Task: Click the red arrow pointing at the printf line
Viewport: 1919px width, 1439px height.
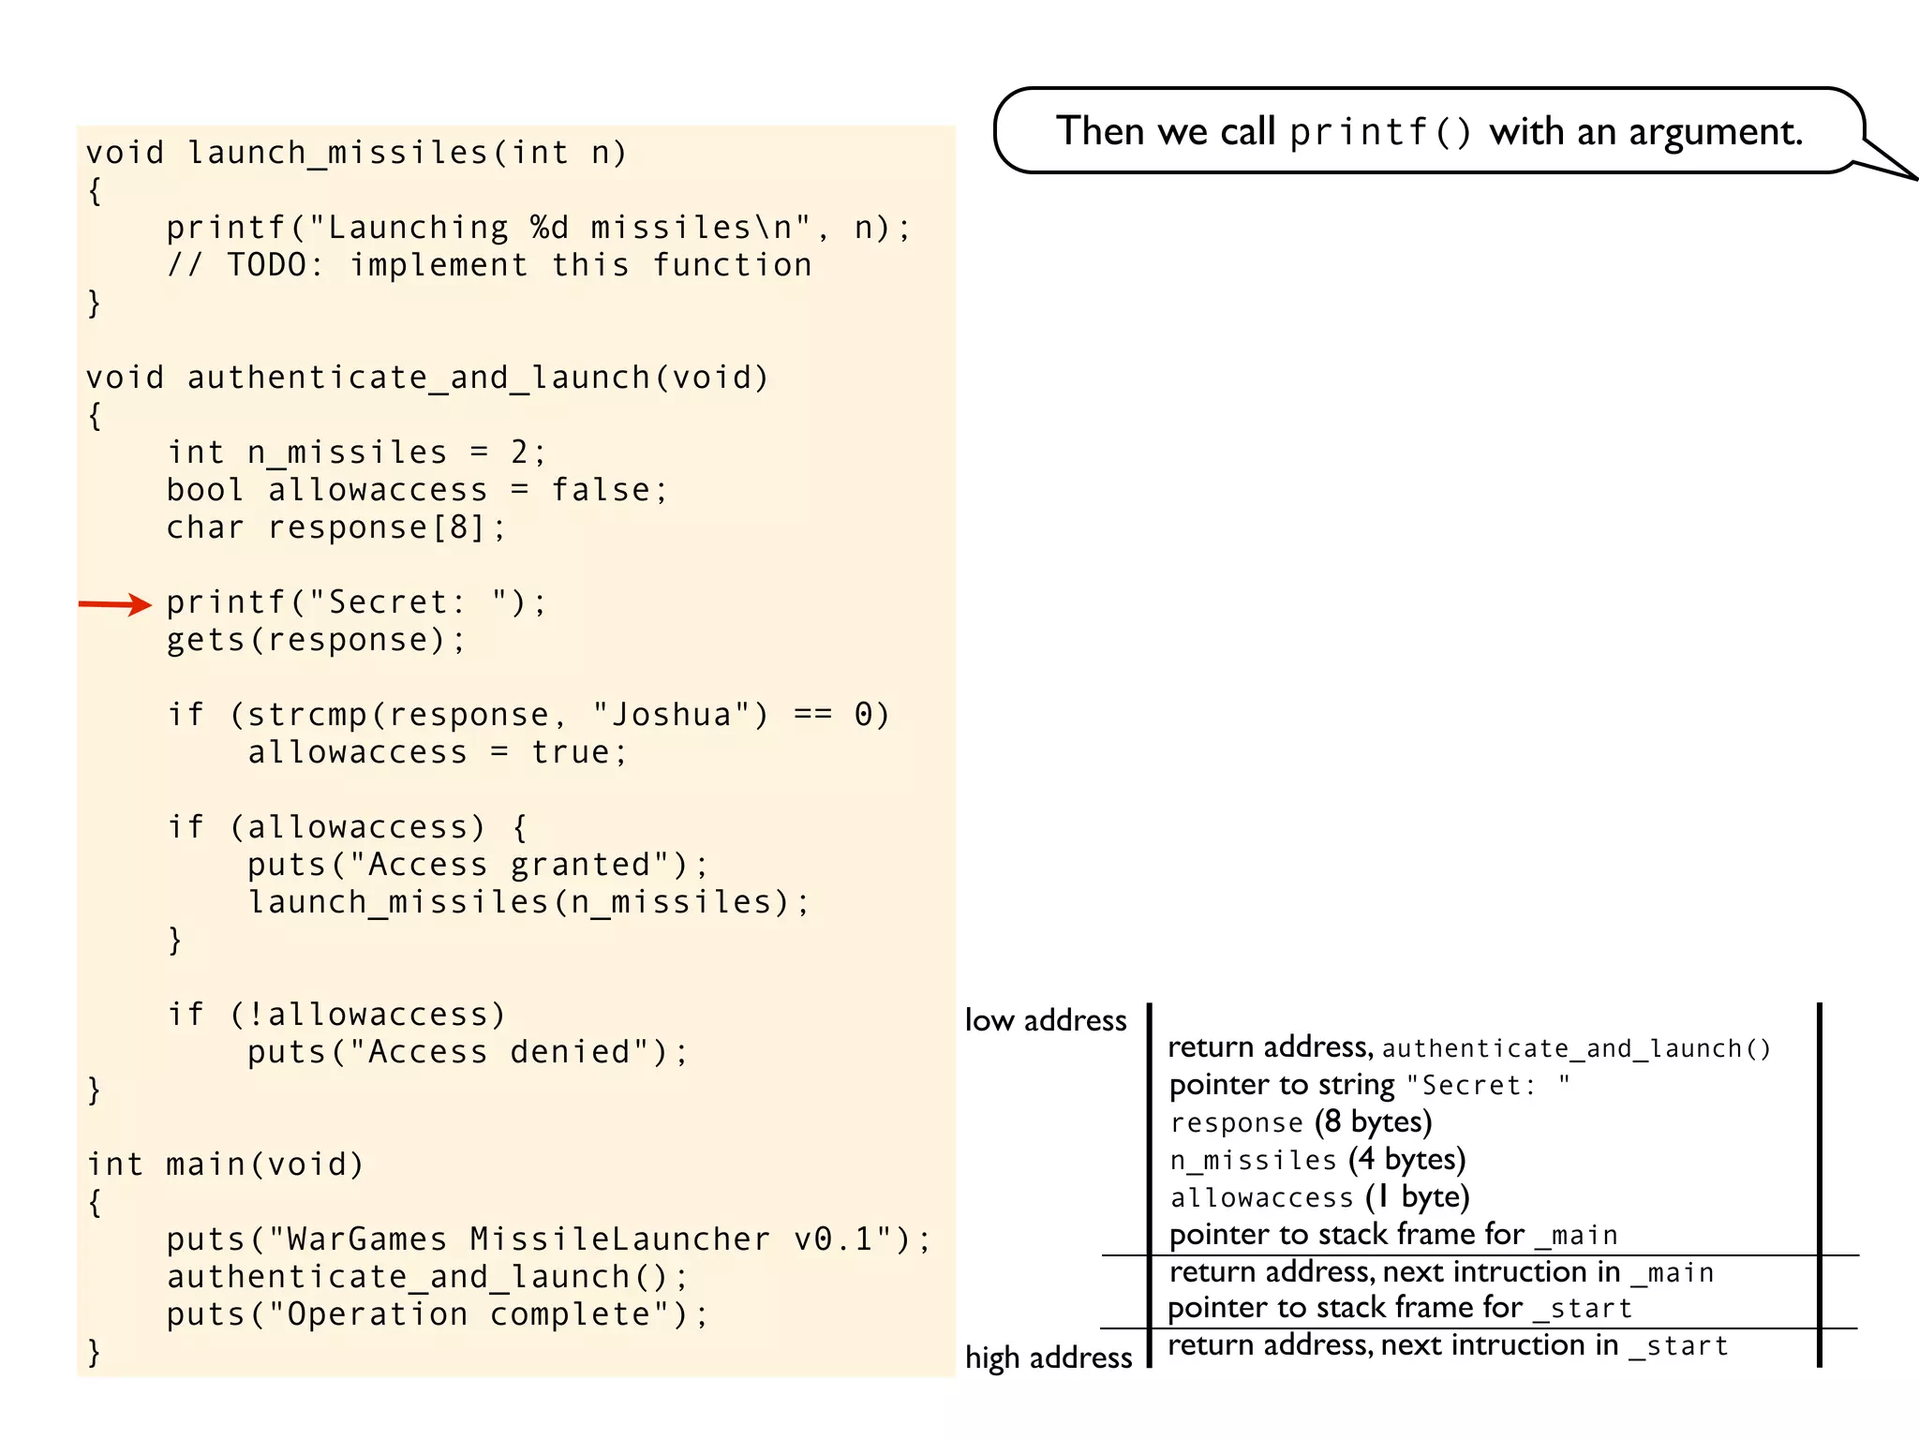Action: [114, 604]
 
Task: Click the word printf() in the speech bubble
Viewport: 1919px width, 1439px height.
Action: [1380, 132]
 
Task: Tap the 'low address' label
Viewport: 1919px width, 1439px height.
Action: [1046, 1020]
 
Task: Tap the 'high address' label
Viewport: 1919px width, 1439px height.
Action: [1049, 1357]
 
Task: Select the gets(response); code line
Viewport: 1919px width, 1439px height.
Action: [316, 640]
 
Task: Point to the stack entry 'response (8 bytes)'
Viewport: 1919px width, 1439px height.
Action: [1301, 1122]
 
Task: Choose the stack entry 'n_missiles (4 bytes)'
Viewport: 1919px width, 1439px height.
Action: [1317, 1160]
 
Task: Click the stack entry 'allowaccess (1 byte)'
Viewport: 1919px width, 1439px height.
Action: [1319, 1197]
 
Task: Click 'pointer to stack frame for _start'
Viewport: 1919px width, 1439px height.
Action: [1400, 1308]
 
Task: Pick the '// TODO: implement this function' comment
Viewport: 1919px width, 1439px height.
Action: [489, 265]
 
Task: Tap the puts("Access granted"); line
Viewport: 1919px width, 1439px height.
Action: [478, 865]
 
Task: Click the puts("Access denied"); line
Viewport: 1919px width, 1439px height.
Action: [468, 1052]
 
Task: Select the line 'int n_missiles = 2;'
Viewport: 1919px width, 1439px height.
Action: [356, 452]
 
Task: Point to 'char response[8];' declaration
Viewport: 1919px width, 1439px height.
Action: [335, 527]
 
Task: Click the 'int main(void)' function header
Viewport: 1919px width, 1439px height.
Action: [225, 1165]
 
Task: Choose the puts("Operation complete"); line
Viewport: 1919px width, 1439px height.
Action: [438, 1314]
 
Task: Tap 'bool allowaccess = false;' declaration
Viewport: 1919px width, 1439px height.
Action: [417, 490]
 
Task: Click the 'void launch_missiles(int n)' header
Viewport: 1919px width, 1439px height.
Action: [356, 153]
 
